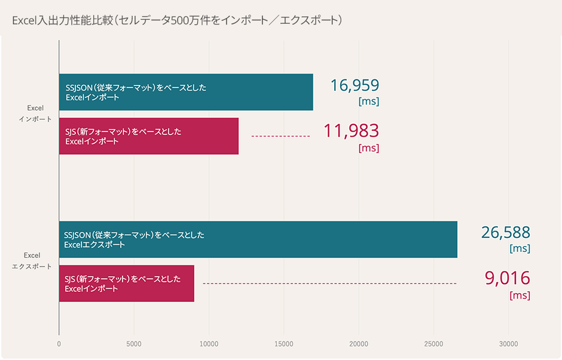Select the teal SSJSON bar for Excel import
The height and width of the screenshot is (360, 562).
pyautogui.click(x=186, y=92)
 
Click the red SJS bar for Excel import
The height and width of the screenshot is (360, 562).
pyautogui.click(x=149, y=136)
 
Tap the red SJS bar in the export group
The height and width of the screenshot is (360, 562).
pyautogui.click(x=127, y=283)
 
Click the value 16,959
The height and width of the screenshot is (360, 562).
pyautogui.click(x=355, y=86)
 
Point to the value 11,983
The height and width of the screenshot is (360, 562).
pyautogui.click(x=351, y=130)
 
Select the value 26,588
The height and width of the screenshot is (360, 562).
pyautogui.click(x=506, y=233)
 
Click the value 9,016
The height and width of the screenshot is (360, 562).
pyautogui.click(x=508, y=278)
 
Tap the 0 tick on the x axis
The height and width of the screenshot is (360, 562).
pyautogui.click(x=59, y=344)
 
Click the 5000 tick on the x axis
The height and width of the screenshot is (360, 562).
pyautogui.click(x=134, y=344)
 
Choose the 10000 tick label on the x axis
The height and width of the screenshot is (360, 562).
pyautogui.click(x=209, y=344)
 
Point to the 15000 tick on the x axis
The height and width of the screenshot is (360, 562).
pyautogui.click(x=283, y=344)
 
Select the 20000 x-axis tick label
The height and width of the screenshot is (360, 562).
pyautogui.click(x=359, y=344)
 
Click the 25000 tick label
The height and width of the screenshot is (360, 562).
pyautogui.click(x=433, y=344)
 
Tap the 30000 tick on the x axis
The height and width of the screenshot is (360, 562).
pyautogui.click(x=508, y=344)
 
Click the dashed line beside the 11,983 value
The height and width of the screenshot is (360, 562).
pyautogui.click(x=280, y=136)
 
